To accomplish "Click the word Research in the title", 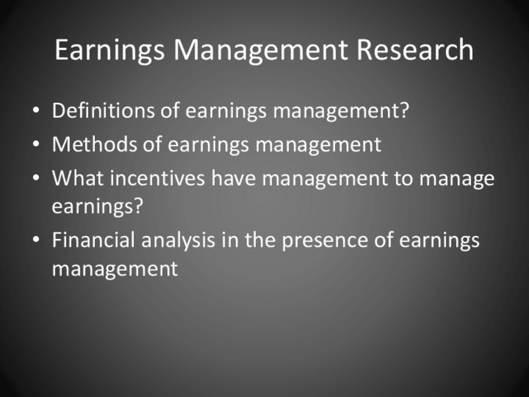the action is coord(415,50).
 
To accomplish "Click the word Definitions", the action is coord(103,110).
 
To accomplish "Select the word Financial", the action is coord(94,240).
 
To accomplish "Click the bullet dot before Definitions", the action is coord(36,110).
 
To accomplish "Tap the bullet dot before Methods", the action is coord(36,144).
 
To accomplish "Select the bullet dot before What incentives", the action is coord(36,177).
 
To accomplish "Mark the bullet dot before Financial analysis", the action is coord(36,240).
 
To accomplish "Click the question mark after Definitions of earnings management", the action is coord(404,110).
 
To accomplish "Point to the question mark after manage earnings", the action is coord(138,205).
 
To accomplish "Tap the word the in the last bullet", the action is coord(260,240).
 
